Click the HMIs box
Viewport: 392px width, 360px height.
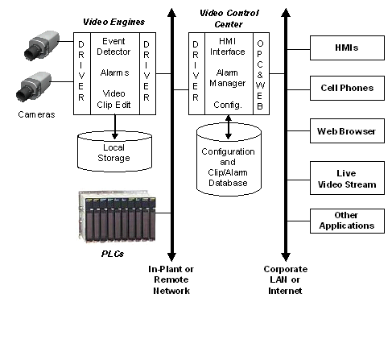coord(347,48)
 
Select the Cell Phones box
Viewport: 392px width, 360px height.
coord(347,88)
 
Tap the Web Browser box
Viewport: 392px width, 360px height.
coord(347,130)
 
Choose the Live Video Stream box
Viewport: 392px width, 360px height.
coord(347,178)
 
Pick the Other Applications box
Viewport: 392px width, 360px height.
coord(347,221)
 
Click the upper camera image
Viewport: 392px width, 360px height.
coord(41,45)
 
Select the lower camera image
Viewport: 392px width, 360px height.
coord(34,86)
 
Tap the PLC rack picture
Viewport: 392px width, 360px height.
coord(117,216)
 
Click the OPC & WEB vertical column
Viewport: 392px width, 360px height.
coord(261,74)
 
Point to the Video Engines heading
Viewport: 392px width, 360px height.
coord(113,22)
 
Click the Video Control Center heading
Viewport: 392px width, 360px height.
coord(229,19)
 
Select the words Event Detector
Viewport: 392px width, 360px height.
coord(113,46)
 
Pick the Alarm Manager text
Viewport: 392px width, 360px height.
coord(227,78)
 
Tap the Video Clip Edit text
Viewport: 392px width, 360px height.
coord(113,99)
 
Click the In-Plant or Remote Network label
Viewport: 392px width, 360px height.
coord(171,279)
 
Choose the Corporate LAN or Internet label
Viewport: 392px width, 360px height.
coord(285,279)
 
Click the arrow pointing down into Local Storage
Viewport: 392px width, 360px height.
coord(115,126)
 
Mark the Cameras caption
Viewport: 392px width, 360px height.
coord(36,114)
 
